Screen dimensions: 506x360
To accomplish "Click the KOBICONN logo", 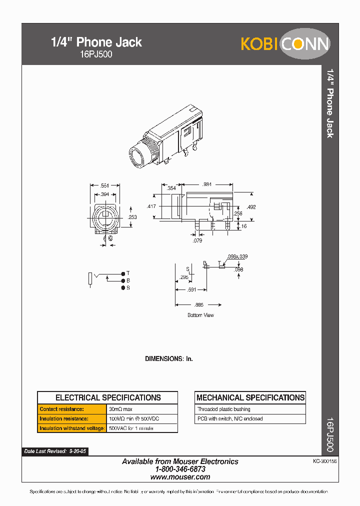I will [x=285, y=44].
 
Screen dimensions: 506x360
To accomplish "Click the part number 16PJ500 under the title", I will [x=96, y=54].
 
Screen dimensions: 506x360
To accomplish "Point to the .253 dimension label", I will [x=132, y=217].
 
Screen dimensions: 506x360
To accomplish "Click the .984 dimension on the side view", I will [x=207, y=184].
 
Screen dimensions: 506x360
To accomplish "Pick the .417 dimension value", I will [x=151, y=206].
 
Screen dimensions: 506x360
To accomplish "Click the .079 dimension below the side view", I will [x=198, y=241].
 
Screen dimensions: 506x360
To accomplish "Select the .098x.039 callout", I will [x=237, y=256].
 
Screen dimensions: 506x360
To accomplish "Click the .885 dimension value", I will [x=199, y=304].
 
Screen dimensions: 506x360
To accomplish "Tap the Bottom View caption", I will [x=200, y=315].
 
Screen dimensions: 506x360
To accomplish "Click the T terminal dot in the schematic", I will [x=122, y=273].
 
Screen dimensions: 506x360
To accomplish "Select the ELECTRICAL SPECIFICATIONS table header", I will [x=108, y=398].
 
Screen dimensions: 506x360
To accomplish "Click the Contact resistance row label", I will [x=62, y=409].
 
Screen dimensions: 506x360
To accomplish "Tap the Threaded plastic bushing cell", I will [x=224, y=409].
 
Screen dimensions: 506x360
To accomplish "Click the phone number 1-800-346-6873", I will [x=180, y=469].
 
